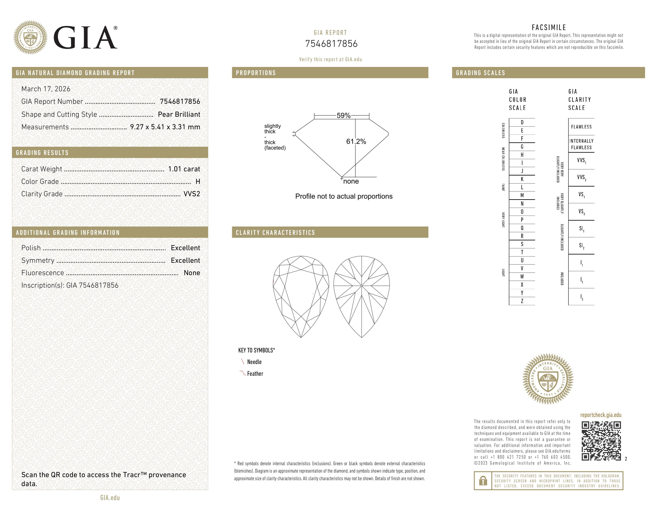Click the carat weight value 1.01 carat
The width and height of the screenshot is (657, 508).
click(184, 169)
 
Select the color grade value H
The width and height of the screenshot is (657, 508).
click(198, 181)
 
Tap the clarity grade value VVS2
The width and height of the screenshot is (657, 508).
click(192, 194)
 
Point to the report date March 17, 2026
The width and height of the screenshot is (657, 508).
click(46, 89)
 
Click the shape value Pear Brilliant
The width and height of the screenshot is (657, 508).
click(179, 114)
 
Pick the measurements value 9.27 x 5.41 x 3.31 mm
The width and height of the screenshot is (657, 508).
click(165, 127)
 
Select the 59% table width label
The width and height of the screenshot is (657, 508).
click(344, 116)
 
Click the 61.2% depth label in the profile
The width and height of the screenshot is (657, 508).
click(356, 141)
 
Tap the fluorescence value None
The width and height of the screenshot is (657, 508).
click(192, 273)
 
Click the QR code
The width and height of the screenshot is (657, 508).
click(601, 441)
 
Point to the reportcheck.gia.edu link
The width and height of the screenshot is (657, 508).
click(601, 415)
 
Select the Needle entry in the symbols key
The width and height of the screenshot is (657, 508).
click(254, 362)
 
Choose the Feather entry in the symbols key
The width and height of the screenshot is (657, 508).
click(255, 374)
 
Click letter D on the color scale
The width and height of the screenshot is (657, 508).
click(522, 122)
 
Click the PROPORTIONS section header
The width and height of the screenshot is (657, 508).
click(256, 73)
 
